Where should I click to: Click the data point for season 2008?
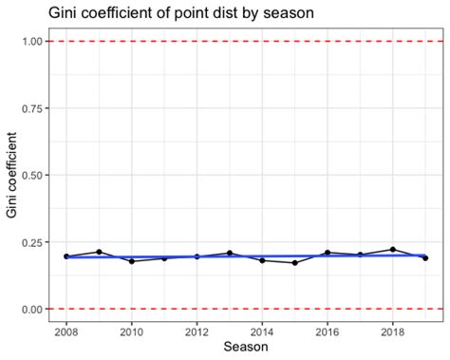pos(66,256)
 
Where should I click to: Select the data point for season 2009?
pos(99,252)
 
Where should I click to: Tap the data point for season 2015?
pos(295,263)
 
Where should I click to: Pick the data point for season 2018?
pos(393,249)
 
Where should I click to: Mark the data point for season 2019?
pos(425,258)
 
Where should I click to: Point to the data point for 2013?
pos(230,253)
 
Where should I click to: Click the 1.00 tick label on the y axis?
pos(32,42)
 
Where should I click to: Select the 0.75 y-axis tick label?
pos(32,108)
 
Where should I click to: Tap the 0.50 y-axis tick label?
pos(32,176)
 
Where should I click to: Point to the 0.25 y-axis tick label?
pos(32,242)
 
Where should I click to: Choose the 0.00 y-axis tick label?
pos(32,310)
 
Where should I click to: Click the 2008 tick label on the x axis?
pos(66,332)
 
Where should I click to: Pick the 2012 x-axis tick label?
pos(197,332)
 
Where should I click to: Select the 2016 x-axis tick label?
pos(328,332)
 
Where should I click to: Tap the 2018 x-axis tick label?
pos(393,332)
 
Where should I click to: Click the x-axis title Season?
pos(245,349)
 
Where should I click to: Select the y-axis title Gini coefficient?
pos(11,176)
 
